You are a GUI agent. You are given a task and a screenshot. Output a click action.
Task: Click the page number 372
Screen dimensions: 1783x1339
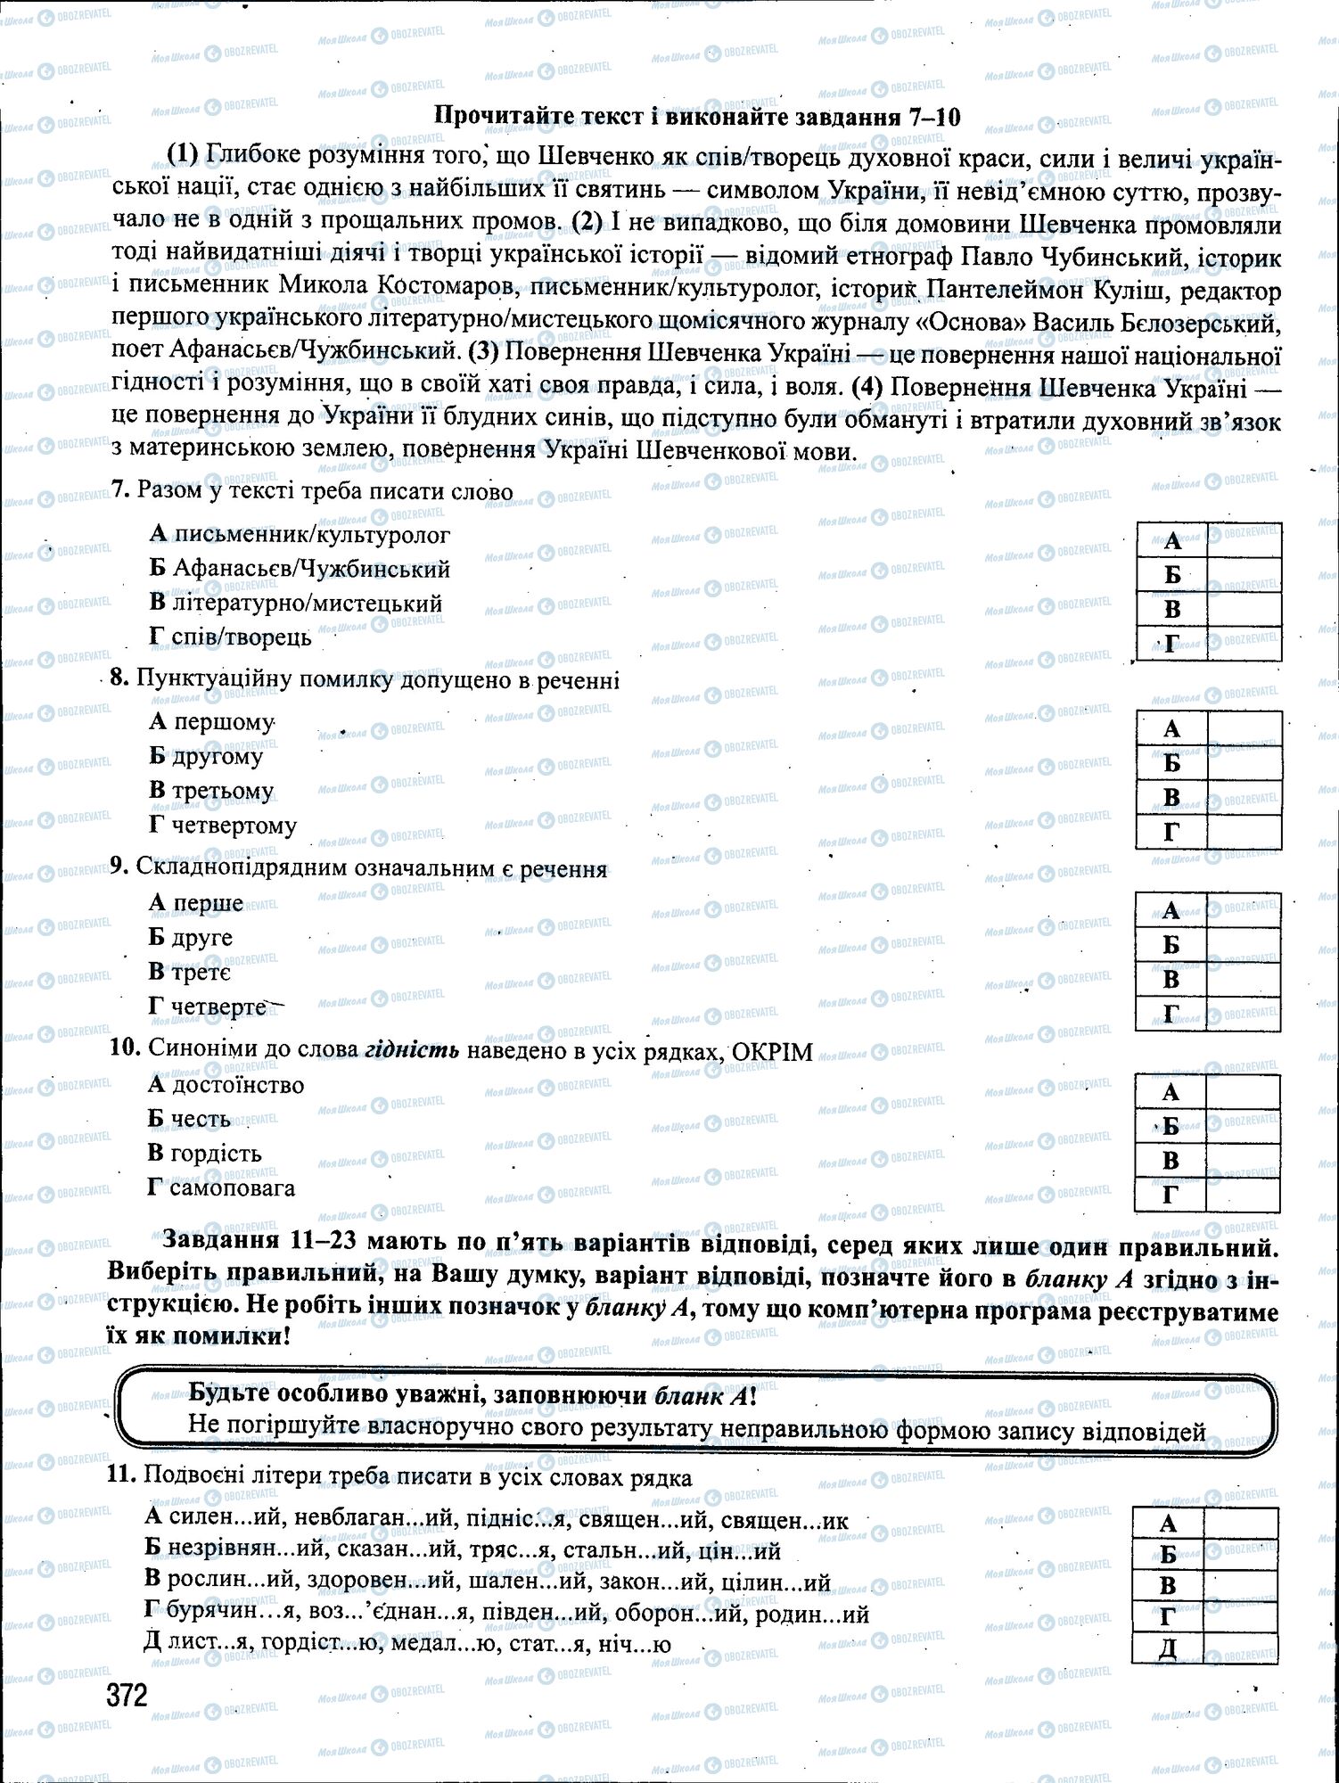(x=127, y=1695)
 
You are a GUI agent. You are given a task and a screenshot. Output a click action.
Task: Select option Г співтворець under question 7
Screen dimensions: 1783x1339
(x=230, y=637)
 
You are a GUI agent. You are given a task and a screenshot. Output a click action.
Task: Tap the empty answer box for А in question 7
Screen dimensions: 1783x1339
(x=1245, y=540)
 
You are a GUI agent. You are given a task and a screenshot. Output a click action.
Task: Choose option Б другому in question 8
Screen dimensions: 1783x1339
(x=206, y=756)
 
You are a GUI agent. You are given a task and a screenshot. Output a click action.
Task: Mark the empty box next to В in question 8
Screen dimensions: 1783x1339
(x=1245, y=797)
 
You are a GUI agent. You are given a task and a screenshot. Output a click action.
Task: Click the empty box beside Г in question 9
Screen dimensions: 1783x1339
(x=1244, y=1014)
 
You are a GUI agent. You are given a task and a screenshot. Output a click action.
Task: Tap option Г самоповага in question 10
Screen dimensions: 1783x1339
(x=221, y=1187)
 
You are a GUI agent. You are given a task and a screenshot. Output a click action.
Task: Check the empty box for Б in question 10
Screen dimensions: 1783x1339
(x=1243, y=1126)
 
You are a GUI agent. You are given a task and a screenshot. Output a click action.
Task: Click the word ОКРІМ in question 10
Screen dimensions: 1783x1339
(x=772, y=1052)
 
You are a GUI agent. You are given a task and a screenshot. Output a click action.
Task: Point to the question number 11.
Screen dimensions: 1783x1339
(x=120, y=1475)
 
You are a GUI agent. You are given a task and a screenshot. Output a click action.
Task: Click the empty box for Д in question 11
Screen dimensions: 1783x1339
(x=1240, y=1647)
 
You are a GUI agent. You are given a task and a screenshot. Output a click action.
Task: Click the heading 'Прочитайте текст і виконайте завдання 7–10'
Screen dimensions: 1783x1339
(x=696, y=117)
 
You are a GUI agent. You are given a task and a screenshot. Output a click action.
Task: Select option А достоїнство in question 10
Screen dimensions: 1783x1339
(x=226, y=1085)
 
